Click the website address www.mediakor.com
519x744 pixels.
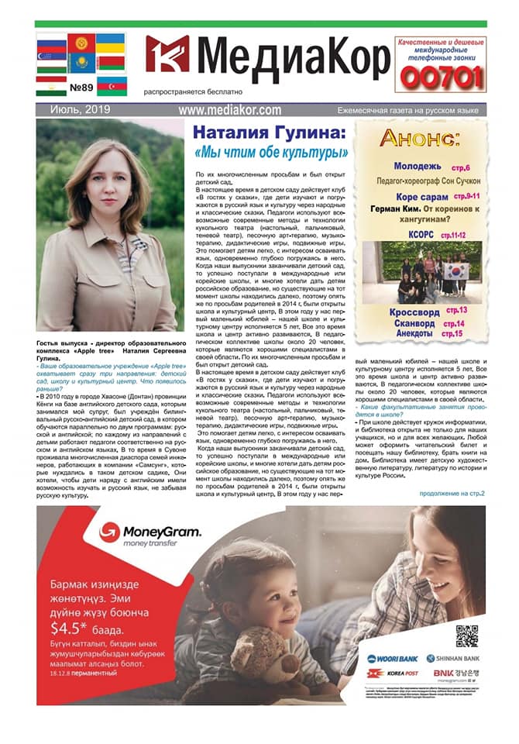(230, 110)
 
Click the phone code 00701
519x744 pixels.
(440, 77)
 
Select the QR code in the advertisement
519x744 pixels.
(466, 635)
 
